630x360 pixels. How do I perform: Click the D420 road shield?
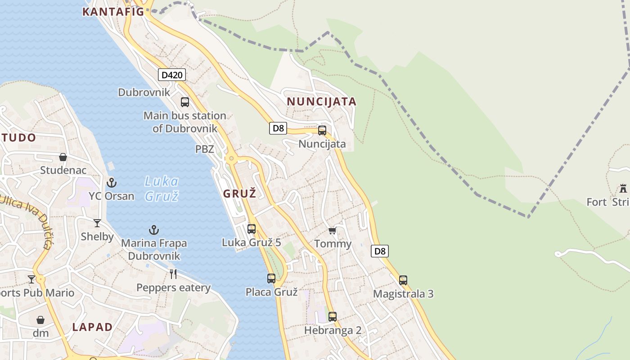click(172, 75)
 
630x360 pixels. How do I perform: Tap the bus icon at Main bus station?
click(185, 102)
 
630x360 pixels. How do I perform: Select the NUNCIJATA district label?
click(322, 102)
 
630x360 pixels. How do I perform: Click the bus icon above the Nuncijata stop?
click(322, 130)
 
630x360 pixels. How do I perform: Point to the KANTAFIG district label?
click(113, 12)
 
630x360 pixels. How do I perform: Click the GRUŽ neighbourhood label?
click(240, 194)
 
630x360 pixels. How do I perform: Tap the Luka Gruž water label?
click(162, 189)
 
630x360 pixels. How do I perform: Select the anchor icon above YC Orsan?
click(111, 183)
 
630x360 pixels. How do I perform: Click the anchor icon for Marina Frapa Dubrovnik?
click(154, 230)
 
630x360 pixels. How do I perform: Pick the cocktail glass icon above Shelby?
click(97, 223)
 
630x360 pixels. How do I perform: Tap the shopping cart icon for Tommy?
click(333, 231)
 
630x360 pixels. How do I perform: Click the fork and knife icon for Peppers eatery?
click(173, 274)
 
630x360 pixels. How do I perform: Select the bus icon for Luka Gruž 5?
click(252, 229)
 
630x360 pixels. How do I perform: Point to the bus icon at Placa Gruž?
click(271, 279)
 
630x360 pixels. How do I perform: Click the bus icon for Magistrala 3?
click(403, 280)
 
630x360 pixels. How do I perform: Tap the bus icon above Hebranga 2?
click(333, 317)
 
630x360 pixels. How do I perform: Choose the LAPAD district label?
click(92, 327)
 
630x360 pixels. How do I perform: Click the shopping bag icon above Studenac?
click(63, 157)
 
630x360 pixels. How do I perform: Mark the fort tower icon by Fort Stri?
click(623, 188)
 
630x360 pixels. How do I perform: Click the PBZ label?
click(205, 149)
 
